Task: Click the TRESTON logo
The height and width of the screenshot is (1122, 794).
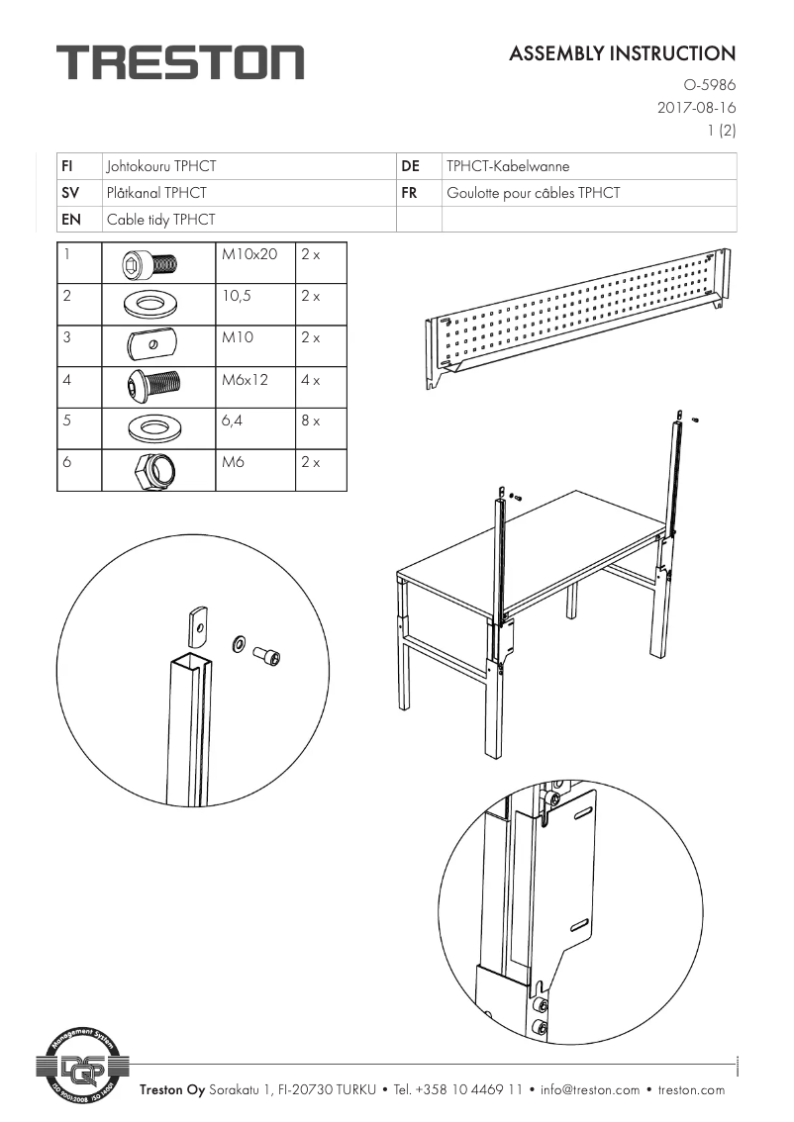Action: coord(179,62)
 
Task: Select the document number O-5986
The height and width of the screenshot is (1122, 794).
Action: coord(710,86)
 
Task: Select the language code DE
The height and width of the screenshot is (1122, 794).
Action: coord(411,166)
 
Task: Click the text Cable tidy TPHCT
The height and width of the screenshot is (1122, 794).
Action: coord(160,220)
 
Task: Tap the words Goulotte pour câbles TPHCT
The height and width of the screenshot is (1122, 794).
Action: coord(533,193)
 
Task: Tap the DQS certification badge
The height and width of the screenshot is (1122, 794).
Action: coord(83,1067)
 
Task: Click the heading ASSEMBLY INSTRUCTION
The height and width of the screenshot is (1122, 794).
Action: coord(622,53)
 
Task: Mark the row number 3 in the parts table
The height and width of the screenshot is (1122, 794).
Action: coord(66,337)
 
